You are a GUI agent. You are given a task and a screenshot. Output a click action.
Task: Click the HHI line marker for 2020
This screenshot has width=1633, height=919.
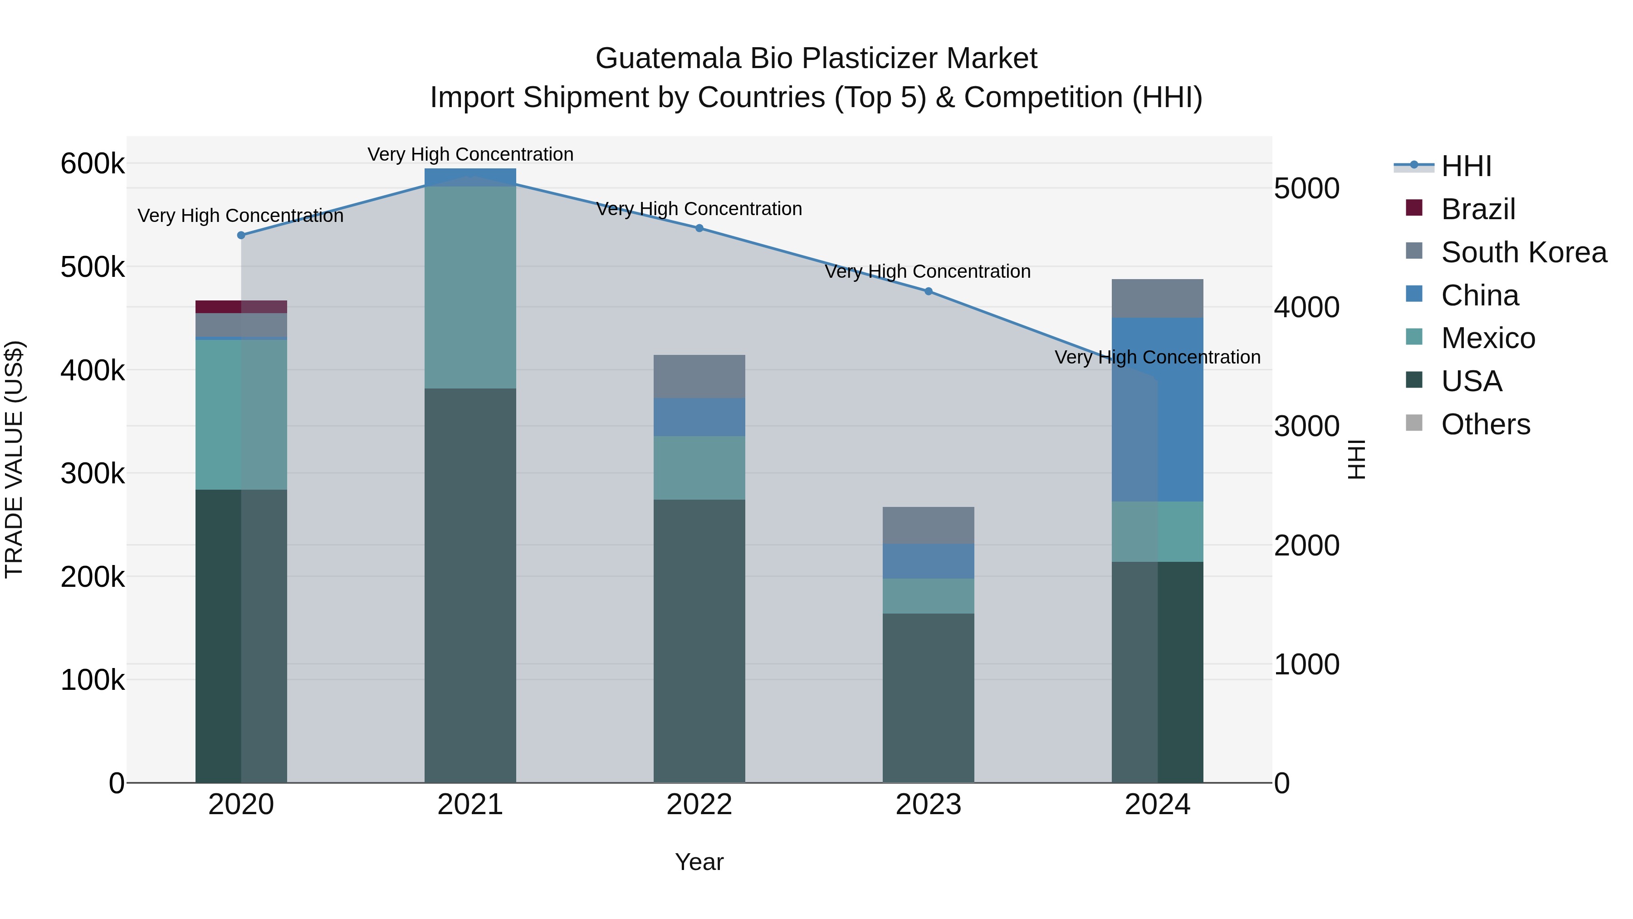tap(241, 235)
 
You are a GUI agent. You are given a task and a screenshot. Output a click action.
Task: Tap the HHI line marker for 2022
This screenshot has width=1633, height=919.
tap(699, 228)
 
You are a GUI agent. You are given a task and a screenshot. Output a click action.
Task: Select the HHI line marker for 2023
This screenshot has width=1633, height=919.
tap(928, 291)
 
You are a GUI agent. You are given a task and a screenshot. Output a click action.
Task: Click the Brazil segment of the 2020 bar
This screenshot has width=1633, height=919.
tap(241, 307)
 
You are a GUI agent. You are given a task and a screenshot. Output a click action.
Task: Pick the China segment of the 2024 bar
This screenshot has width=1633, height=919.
tap(1158, 410)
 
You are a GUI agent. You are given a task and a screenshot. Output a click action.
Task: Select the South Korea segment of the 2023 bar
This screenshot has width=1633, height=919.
tap(928, 525)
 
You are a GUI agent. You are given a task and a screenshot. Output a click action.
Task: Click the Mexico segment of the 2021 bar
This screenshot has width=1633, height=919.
tap(470, 287)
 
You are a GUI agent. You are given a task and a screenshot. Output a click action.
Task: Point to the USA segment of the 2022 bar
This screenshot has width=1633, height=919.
tap(699, 640)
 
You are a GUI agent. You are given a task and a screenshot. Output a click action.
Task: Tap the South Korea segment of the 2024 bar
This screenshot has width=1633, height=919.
tap(1158, 298)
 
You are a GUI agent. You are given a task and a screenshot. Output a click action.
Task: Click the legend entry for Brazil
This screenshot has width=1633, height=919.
tap(1478, 209)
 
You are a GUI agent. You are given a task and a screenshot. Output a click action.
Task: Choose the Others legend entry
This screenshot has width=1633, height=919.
tap(1485, 424)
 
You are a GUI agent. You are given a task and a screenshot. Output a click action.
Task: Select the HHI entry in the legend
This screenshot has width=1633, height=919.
tap(1466, 166)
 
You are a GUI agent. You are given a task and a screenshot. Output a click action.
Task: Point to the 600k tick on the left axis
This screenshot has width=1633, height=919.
tap(93, 164)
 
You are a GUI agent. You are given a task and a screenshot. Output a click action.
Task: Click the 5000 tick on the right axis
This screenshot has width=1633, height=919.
tap(1306, 188)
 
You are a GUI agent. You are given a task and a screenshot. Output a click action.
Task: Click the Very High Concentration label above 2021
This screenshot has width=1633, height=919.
tap(470, 154)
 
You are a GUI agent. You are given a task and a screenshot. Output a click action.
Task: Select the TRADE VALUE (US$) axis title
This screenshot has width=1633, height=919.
tap(14, 459)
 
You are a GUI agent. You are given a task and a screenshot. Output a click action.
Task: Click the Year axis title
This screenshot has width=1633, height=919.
tap(699, 862)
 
